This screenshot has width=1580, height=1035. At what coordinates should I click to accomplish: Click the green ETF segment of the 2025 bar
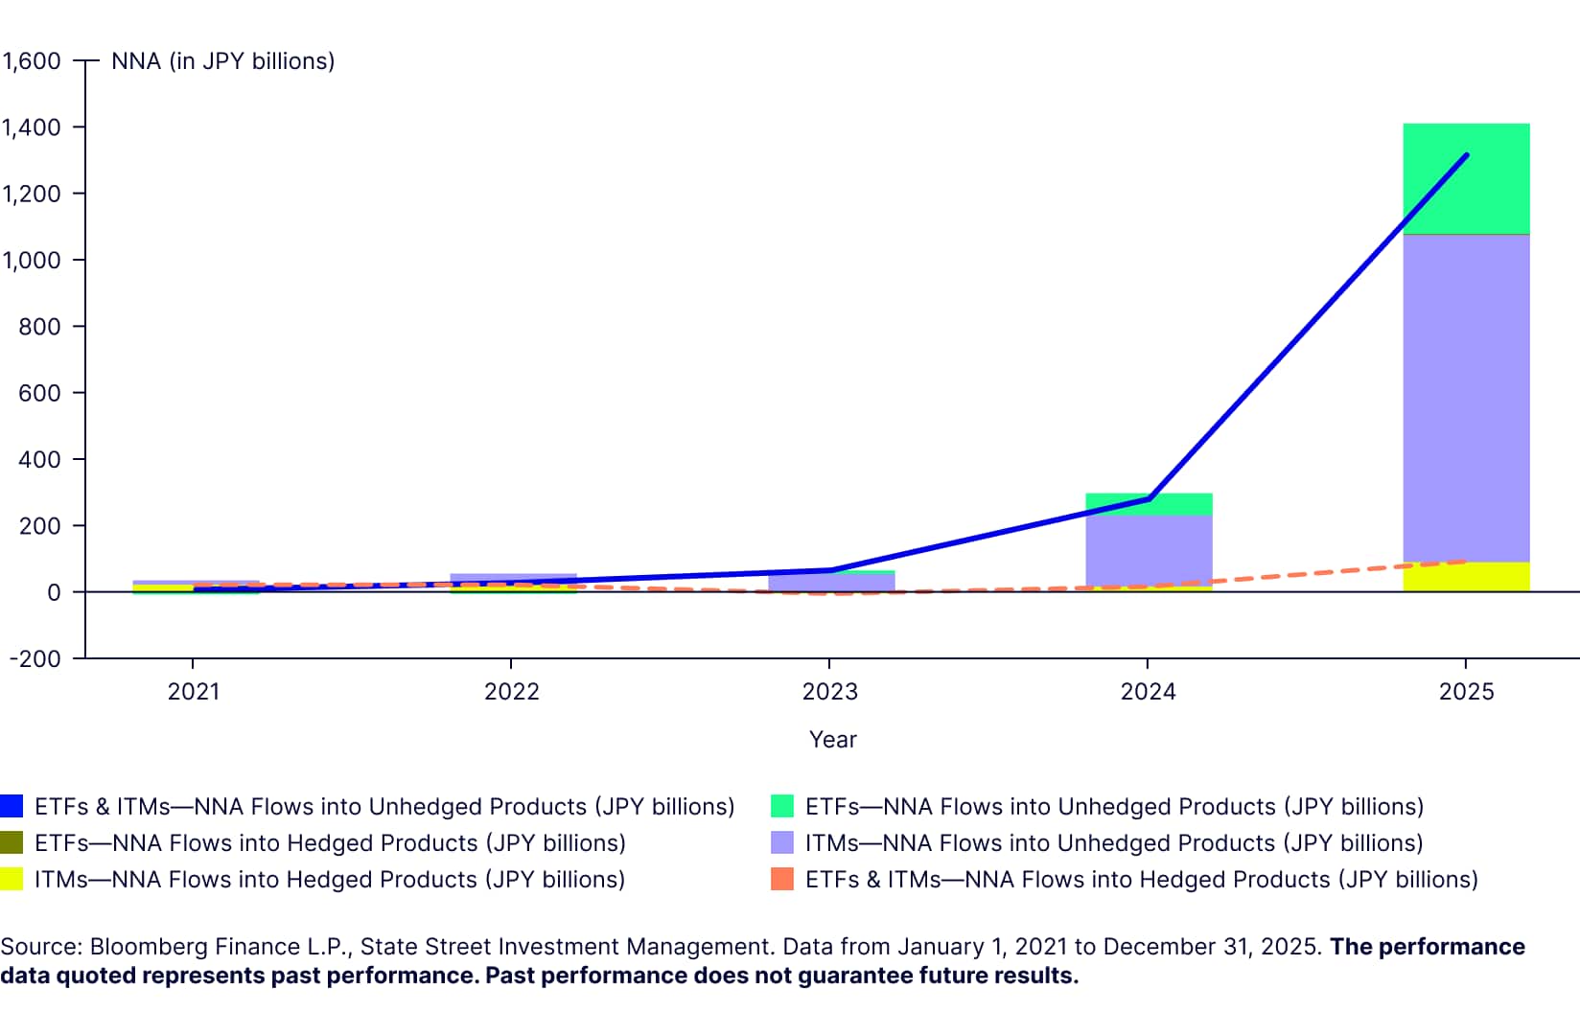point(1466,178)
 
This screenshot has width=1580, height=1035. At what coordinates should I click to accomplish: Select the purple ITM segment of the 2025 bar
point(1466,398)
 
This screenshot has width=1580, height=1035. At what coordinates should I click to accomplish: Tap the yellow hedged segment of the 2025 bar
point(1466,577)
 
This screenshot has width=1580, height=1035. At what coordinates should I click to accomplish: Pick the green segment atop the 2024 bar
point(1149,504)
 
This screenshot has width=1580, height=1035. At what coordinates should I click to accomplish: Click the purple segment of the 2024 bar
point(1149,550)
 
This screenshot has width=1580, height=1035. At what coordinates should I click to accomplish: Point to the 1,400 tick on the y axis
point(31,127)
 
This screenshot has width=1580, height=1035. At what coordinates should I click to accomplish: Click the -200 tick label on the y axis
point(35,659)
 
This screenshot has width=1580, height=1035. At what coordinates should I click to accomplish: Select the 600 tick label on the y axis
point(39,393)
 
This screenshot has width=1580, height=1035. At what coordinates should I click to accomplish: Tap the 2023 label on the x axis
point(829,692)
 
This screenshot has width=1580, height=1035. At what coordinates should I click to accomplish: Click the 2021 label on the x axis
point(194,692)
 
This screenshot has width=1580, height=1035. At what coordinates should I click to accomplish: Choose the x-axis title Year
point(832,740)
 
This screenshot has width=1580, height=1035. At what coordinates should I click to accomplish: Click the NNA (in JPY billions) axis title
point(222,61)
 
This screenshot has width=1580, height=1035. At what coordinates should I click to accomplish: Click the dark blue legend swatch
point(12,807)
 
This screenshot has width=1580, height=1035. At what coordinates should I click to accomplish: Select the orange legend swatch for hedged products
point(782,880)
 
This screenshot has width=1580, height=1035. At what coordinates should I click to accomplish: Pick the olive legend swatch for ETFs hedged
point(12,843)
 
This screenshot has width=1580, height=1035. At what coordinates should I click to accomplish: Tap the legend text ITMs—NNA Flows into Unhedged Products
point(1113,843)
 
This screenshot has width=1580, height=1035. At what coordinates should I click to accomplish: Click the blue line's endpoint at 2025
point(1466,155)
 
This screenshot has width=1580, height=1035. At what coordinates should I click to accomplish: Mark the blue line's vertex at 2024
point(1149,499)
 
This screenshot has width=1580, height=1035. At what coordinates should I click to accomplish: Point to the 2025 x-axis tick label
point(1466,692)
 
